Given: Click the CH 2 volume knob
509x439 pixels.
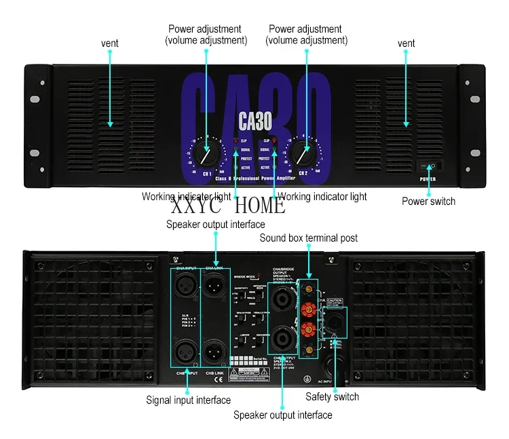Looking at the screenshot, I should pyautogui.click(x=301, y=155).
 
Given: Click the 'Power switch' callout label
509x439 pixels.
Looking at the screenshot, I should pyautogui.click(x=428, y=201).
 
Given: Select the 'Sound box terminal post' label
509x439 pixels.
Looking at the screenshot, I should pyautogui.click(x=308, y=238).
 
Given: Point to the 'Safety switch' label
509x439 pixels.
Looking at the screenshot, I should pyautogui.click(x=332, y=396).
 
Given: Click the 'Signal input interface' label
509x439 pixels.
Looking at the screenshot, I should pyautogui.click(x=188, y=400).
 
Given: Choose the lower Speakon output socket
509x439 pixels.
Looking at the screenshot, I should pyautogui.click(x=282, y=337).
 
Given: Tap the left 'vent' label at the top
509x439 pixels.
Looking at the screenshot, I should pyautogui.click(x=110, y=43).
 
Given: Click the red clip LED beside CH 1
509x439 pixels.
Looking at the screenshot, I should pyautogui.click(x=235, y=140).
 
